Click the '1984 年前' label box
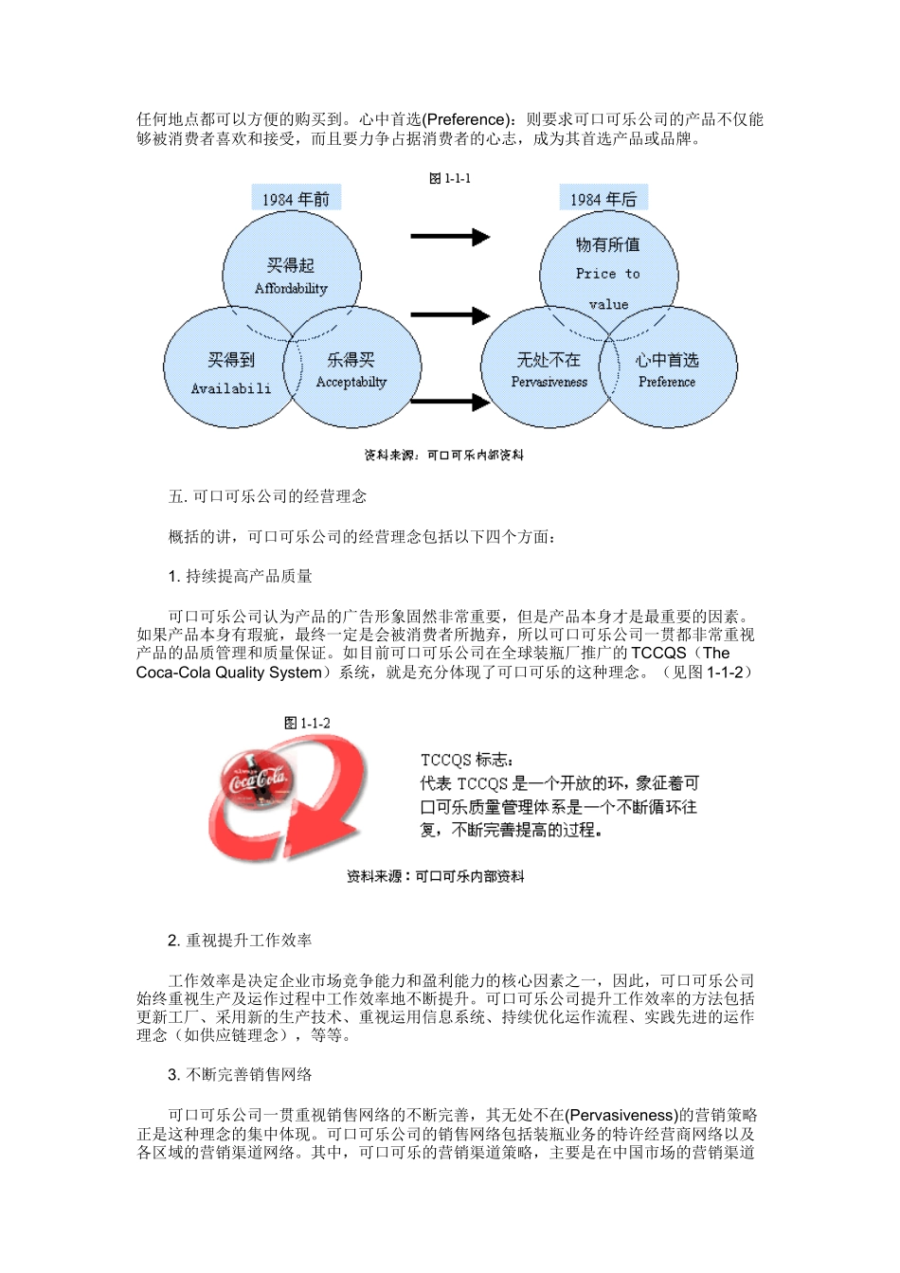coord(297,198)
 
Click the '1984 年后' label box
coord(603,198)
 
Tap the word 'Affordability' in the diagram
coord(291,289)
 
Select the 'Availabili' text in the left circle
coord(231,388)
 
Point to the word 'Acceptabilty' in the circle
coord(351,383)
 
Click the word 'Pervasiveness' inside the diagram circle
coord(549,383)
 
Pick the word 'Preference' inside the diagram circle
coord(667,383)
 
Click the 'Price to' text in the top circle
coord(607,274)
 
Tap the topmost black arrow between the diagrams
coord(450,236)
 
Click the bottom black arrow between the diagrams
coord(450,403)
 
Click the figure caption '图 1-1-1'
coord(450,178)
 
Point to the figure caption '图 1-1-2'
coord(308,723)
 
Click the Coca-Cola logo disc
coord(256,781)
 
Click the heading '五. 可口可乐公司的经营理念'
coord(267,496)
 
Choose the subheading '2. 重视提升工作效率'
coord(240,941)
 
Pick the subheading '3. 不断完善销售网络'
coord(240,1075)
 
